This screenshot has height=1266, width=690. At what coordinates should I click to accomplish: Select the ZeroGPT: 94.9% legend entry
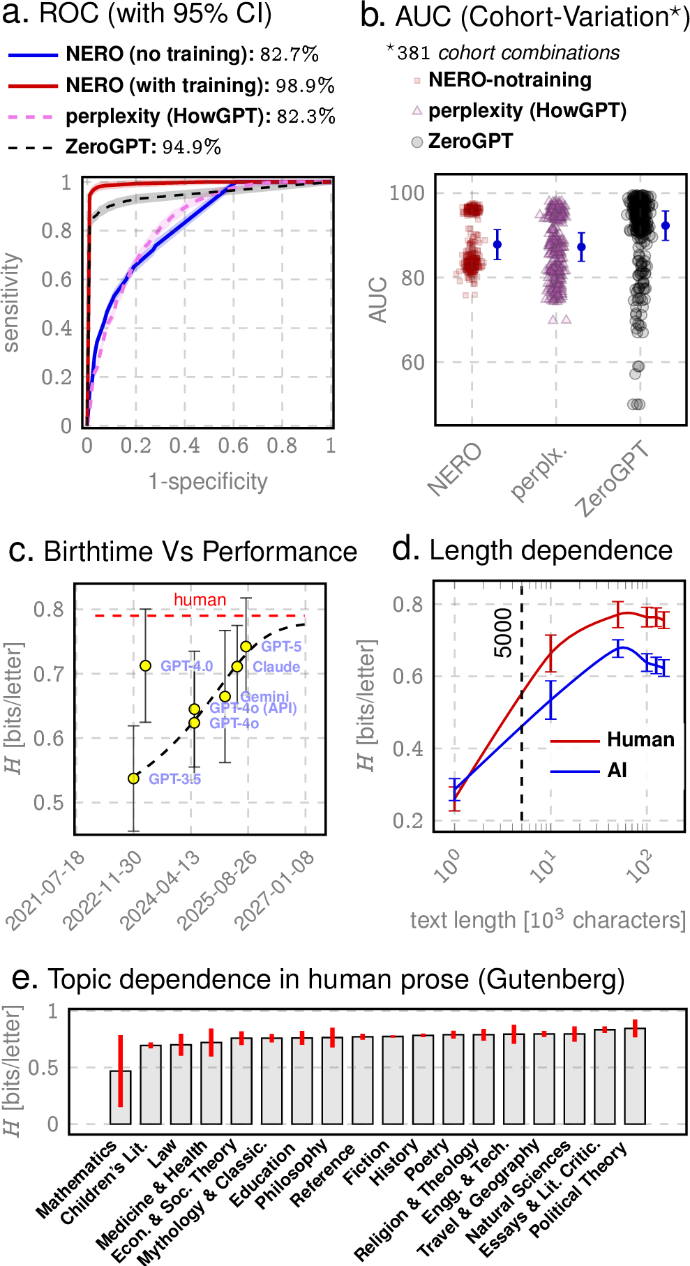(x=115, y=146)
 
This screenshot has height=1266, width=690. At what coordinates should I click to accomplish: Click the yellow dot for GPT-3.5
(x=133, y=778)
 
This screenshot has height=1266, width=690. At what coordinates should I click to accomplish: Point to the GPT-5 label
(x=281, y=647)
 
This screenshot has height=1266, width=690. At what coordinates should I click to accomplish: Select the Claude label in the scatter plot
(x=276, y=667)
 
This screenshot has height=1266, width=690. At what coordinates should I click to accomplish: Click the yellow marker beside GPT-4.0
(x=145, y=665)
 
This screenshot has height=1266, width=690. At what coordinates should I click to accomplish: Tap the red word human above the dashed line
(x=200, y=600)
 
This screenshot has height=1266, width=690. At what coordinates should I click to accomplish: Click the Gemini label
(x=264, y=696)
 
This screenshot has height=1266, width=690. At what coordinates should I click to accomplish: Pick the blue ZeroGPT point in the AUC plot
(x=666, y=225)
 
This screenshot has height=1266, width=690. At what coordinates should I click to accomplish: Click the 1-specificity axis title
(x=208, y=481)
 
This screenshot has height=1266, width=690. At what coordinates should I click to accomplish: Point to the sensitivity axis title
(x=11, y=303)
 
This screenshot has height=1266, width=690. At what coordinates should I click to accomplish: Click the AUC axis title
(x=377, y=300)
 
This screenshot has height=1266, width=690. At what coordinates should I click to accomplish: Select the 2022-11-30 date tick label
(x=103, y=891)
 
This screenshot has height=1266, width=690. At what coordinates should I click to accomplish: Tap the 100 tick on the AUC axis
(x=407, y=193)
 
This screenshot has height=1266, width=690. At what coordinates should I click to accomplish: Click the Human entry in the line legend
(x=614, y=739)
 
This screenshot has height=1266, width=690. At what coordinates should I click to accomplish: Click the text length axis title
(x=548, y=920)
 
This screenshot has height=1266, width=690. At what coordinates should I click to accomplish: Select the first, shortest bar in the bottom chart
(x=120, y=1097)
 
